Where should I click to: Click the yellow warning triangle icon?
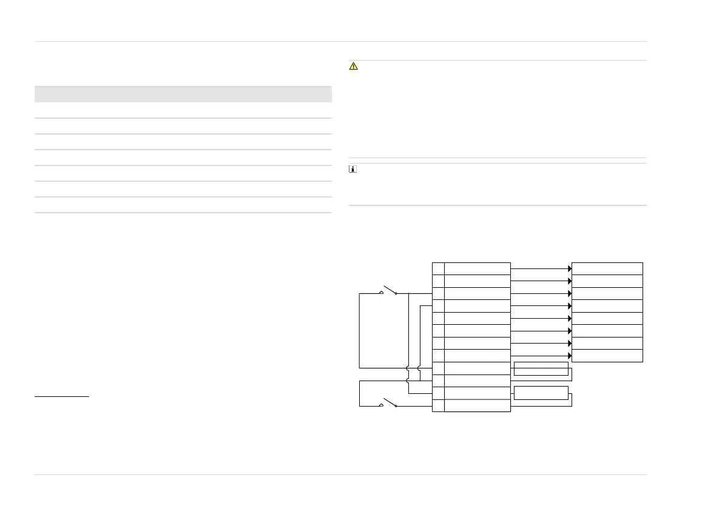[x=354, y=67]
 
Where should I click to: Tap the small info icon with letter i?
[x=353, y=170]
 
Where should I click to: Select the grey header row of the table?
[x=183, y=94]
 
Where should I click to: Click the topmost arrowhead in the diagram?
[x=570, y=268]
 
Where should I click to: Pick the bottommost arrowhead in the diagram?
[x=570, y=355]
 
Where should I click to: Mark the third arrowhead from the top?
[x=570, y=293]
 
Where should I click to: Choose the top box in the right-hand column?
[x=607, y=268]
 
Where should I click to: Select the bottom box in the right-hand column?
[x=607, y=356]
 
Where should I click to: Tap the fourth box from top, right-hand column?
[x=607, y=306]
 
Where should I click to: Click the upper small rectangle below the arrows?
[x=541, y=368]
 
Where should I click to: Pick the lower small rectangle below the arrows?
[x=541, y=393]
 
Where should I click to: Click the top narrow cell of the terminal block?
[x=438, y=268]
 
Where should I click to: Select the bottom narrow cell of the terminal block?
[x=438, y=405]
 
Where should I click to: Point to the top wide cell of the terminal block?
[x=477, y=268]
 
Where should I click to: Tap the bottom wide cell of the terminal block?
[x=477, y=405]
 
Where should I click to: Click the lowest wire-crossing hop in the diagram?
[x=408, y=381]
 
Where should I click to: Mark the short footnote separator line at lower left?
[x=62, y=398]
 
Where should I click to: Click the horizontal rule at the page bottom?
[x=340, y=474]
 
